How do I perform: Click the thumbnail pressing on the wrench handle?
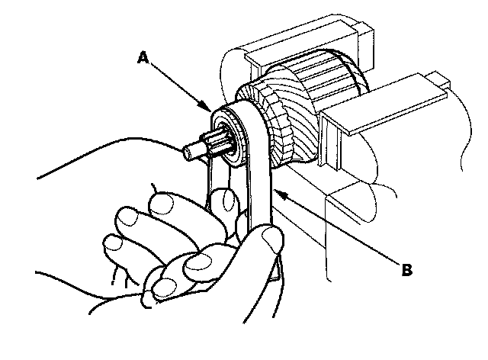coord(271,240)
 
